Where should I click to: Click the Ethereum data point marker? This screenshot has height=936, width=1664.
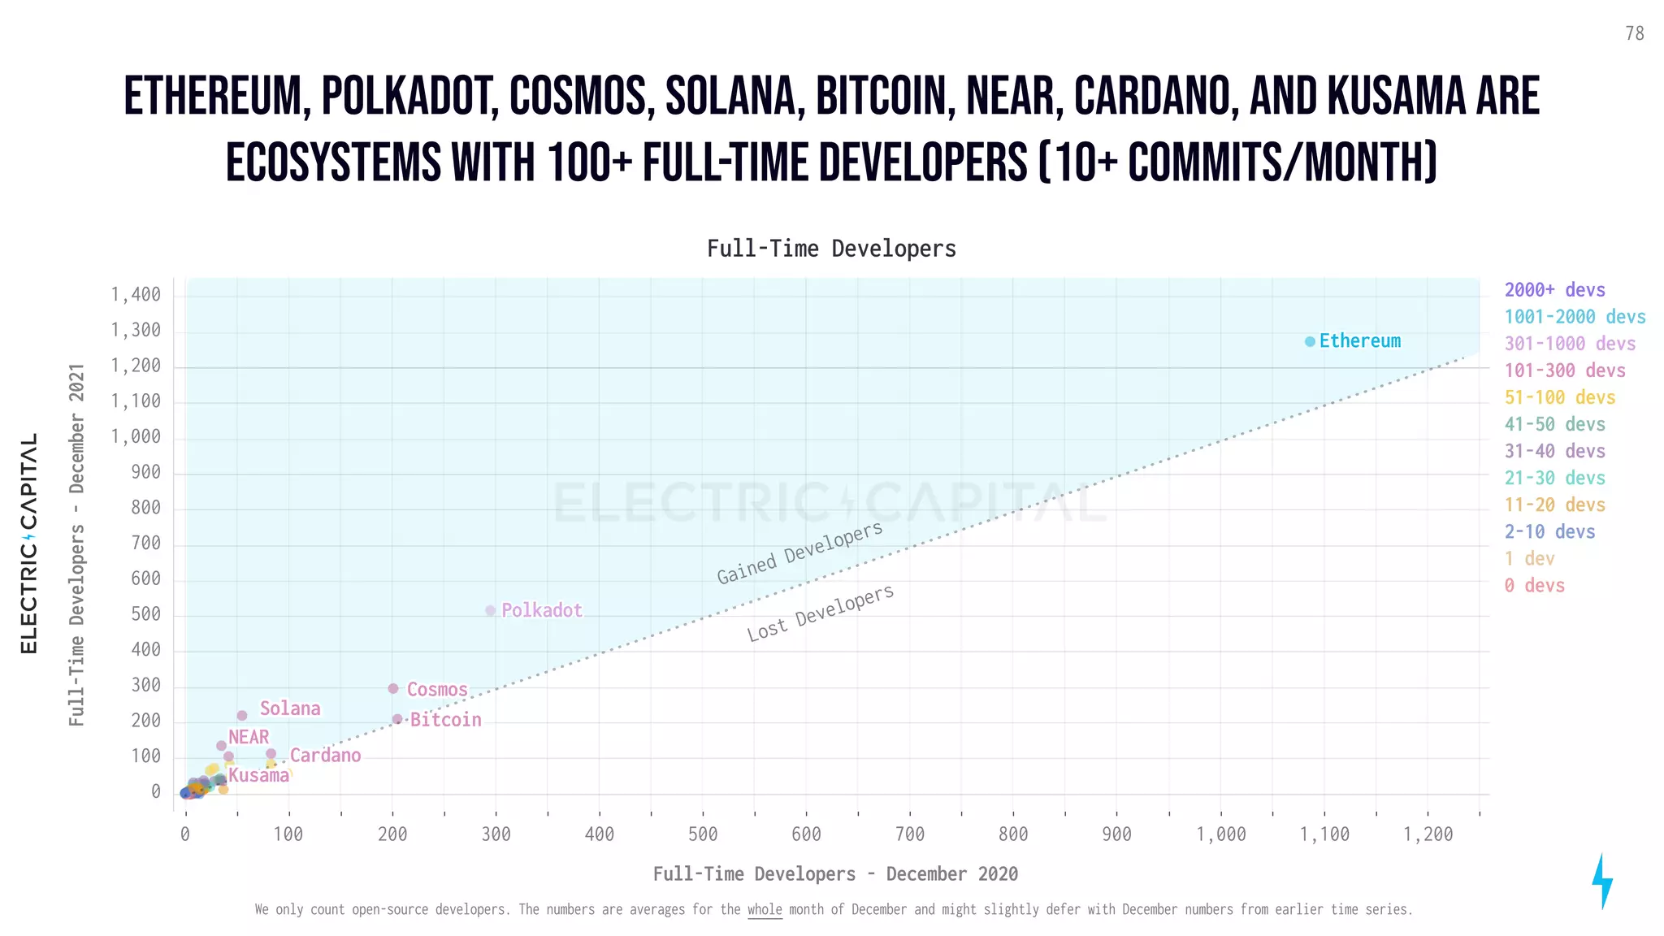click(x=1309, y=341)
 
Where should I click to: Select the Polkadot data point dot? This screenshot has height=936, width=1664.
click(x=490, y=610)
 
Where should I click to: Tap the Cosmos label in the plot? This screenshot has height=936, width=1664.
click(x=437, y=690)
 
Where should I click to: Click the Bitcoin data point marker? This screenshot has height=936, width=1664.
click(x=397, y=719)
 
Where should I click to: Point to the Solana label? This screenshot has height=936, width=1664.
click(x=290, y=708)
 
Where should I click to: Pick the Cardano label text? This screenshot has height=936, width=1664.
click(x=325, y=756)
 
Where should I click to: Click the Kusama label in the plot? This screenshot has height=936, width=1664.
click(x=258, y=775)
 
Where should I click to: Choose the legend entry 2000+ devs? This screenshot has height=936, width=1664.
click(x=1554, y=290)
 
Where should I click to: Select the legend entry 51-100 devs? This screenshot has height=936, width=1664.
click(x=1559, y=397)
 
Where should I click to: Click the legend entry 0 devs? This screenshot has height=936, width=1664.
click(x=1534, y=585)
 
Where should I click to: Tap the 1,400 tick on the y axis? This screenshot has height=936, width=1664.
click(x=136, y=294)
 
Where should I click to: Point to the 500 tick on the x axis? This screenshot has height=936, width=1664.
click(x=703, y=834)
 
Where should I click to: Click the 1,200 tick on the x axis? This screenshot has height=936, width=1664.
click(x=1428, y=834)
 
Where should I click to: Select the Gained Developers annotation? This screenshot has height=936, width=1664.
click(x=799, y=553)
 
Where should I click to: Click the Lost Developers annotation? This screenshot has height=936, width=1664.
click(x=820, y=613)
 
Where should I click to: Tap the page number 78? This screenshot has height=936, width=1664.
click(x=1634, y=33)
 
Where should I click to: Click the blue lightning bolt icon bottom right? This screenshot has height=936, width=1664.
click(x=1601, y=881)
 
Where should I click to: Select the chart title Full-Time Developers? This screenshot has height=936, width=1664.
click(x=831, y=249)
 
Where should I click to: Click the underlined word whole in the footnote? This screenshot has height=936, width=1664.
click(x=764, y=909)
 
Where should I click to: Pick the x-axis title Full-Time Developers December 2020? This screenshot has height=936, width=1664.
click(x=835, y=873)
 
